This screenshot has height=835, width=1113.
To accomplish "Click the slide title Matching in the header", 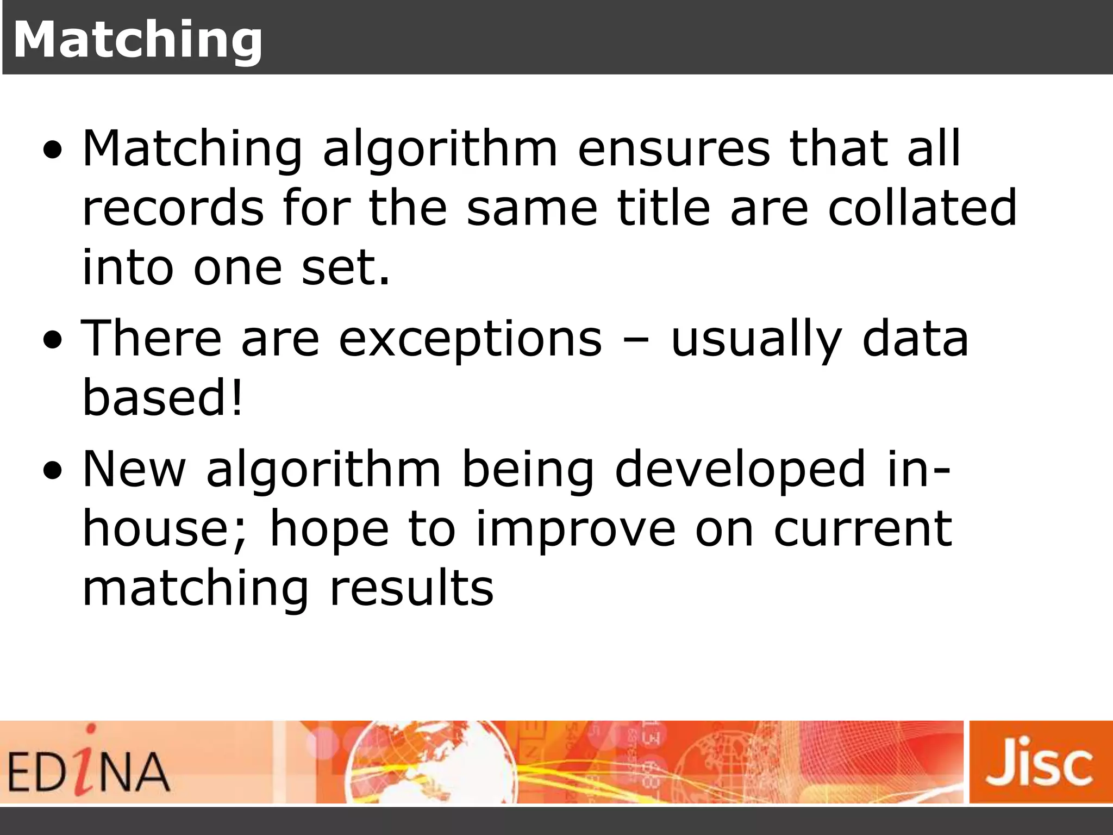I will click(137, 40).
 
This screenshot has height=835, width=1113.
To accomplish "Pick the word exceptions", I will click(471, 340).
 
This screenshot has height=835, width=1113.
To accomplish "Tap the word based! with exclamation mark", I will click(162, 398).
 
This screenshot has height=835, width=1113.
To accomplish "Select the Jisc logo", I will click(1040, 761).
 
